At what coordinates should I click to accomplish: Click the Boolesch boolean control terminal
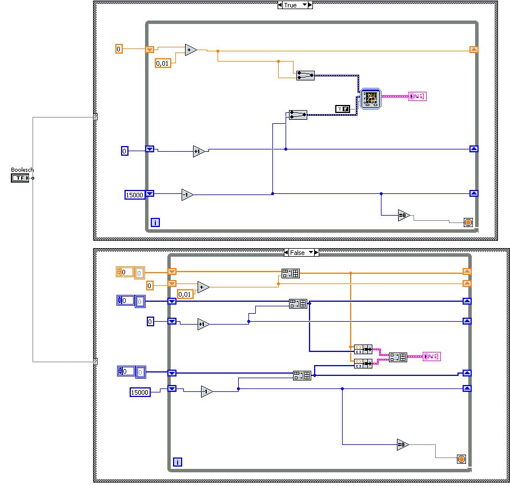point(19,178)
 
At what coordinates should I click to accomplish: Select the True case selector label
point(291,5)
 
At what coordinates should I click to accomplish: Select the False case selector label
point(298,252)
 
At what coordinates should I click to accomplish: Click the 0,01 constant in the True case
point(163,63)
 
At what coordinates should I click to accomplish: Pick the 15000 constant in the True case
point(135,195)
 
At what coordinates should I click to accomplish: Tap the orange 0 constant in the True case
point(119,49)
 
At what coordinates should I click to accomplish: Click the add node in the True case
point(191,50)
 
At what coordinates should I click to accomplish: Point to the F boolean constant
point(343,108)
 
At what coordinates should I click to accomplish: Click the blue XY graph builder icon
point(370,98)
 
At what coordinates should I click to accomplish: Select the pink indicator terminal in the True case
point(418,96)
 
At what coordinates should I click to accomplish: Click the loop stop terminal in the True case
point(468,222)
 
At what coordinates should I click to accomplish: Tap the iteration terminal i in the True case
point(155,222)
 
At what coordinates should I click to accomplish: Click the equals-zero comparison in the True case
point(404,215)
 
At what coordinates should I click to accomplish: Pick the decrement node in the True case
point(187,195)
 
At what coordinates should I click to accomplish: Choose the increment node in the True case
point(199,151)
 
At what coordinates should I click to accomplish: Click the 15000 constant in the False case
point(140,392)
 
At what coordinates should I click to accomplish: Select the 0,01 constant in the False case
point(185,294)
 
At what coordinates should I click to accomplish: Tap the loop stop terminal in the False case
point(461,459)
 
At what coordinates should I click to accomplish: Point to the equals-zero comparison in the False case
point(403,444)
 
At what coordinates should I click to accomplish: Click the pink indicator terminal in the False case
point(432,357)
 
